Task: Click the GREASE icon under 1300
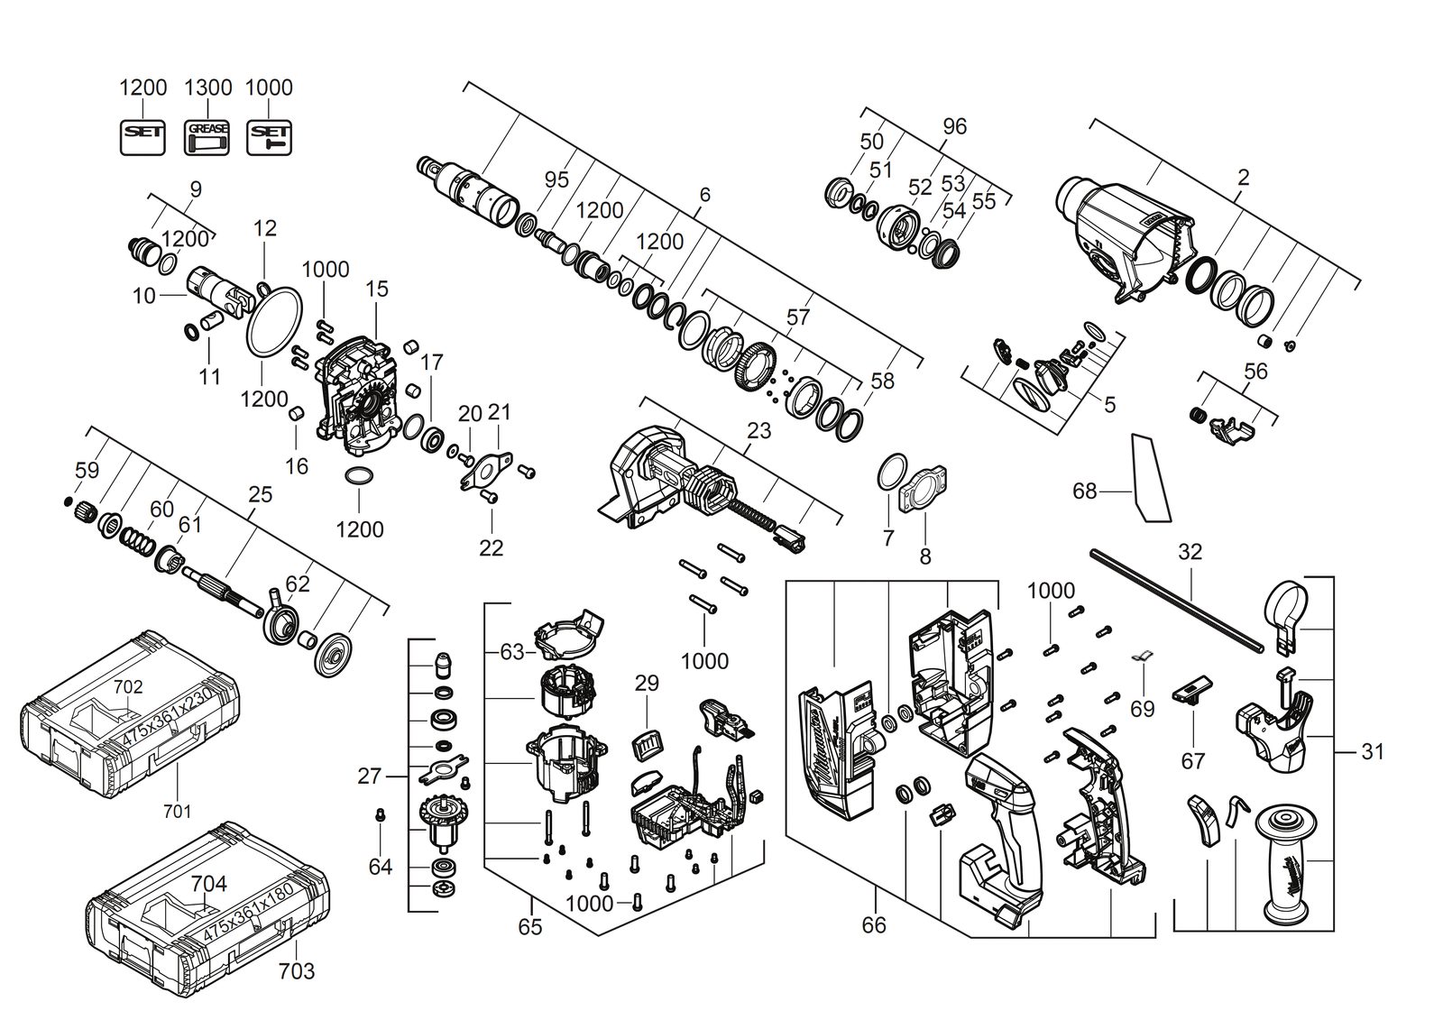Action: point(207,137)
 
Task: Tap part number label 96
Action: point(955,126)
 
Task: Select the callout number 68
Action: point(1085,492)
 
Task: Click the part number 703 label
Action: point(297,970)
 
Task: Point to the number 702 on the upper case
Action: point(127,687)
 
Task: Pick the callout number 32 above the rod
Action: point(1190,552)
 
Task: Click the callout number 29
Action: point(647,683)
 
